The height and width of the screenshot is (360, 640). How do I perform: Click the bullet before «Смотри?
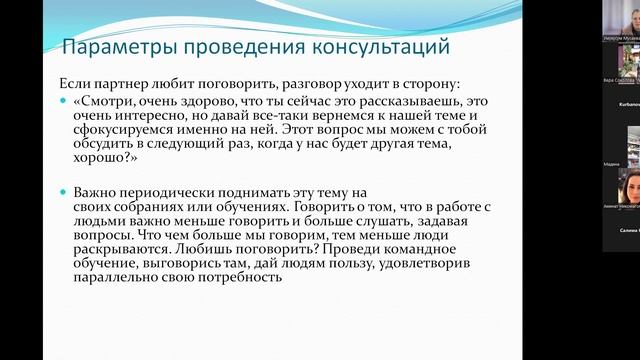tap(65, 101)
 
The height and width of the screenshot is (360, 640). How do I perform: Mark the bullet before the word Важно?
tap(65, 192)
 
